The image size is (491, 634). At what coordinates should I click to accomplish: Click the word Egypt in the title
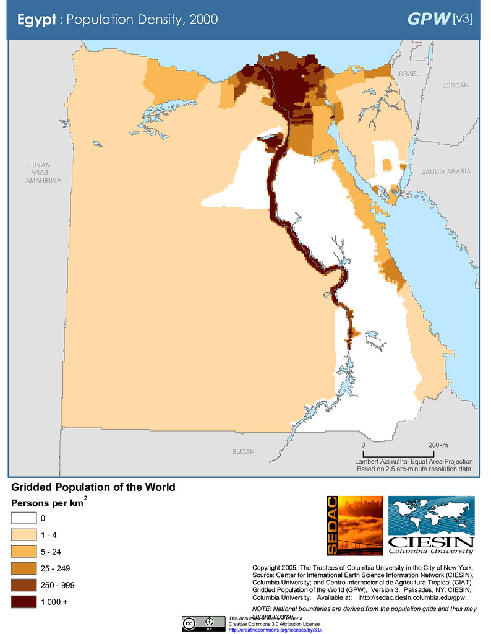[x=36, y=19]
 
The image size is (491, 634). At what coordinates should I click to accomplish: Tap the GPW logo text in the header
[x=428, y=19]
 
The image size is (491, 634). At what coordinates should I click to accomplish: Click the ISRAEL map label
[x=408, y=74]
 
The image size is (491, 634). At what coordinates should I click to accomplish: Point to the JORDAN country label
[x=455, y=85]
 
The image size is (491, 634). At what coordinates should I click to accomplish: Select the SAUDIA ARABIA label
[x=446, y=172]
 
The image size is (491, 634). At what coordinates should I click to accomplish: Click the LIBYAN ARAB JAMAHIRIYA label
[x=38, y=173]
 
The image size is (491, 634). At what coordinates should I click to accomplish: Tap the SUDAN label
[x=243, y=452]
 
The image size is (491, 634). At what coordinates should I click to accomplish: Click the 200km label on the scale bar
[x=437, y=446]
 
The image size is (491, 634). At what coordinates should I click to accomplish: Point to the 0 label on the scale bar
[x=363, y=446]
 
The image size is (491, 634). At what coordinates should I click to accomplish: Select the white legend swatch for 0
[x=23, y=518]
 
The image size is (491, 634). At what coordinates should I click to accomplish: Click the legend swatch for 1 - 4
[x=23, y=534]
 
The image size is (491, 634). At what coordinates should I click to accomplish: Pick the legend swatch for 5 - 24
[x=23, y=551]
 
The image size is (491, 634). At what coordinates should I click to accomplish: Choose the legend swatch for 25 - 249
[x=23, y=568]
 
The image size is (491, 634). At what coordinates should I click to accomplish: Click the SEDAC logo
[x=354, y=525]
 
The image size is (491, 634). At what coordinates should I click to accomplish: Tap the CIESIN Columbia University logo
[x=431, y=525]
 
